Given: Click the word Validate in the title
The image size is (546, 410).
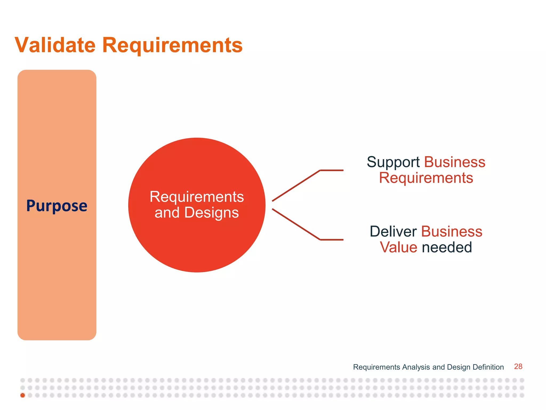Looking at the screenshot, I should [55, 45].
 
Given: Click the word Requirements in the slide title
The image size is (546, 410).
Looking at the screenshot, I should [172, 45].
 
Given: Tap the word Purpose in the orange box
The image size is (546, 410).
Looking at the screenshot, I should [57, 206].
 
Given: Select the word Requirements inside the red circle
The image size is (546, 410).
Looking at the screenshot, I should [197, 197].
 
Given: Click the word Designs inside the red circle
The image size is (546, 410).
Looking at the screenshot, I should [211, 213].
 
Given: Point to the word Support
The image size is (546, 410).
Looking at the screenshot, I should [393, 162].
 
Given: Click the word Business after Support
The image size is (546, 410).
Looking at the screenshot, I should [455, 162].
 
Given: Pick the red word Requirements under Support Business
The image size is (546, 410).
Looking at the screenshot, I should [426, 178].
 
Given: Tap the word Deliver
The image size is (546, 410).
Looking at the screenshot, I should [393, 231].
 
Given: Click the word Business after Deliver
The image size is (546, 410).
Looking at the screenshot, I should [452, 231].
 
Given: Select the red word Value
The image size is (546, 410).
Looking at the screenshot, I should [398, 247].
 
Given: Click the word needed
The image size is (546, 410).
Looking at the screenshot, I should [447, 247].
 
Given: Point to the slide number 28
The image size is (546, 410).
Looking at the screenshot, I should [518, 366].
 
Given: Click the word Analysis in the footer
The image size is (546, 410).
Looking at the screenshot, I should [416, 367].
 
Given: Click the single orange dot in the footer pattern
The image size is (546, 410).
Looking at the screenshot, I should [23, 395].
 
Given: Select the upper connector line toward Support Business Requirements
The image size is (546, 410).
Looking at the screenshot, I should [296, 186].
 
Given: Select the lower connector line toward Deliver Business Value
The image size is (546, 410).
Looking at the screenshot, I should [296, 224].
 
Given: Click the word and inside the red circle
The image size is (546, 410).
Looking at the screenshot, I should [167, 213].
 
